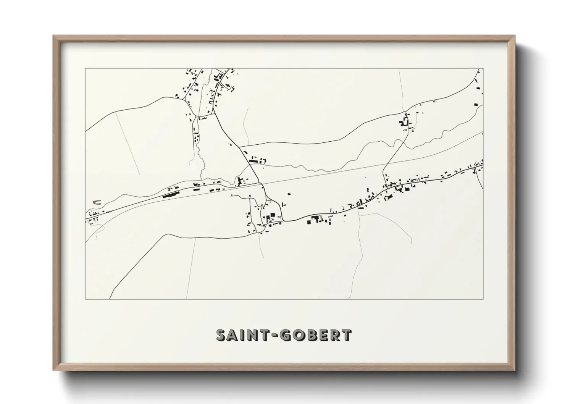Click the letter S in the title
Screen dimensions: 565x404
[223, 335]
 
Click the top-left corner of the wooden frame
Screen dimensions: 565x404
[53, 36]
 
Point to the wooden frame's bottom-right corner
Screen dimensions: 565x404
[515, 370]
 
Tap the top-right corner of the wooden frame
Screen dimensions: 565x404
[515, 36]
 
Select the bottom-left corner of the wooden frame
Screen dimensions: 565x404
[53, 370]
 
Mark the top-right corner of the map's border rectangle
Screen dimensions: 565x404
[483, 69]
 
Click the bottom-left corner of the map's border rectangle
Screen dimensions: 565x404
[86, 299]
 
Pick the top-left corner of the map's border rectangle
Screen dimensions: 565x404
[86, 69]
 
